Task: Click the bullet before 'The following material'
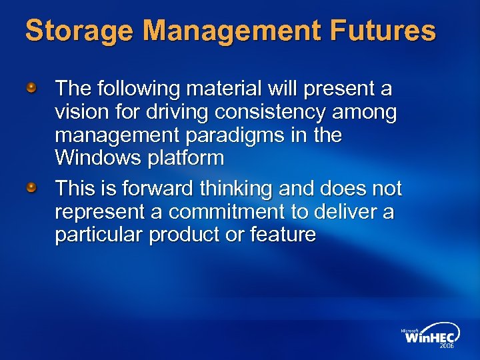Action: (31, 87)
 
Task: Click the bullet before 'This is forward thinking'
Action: (31, 188)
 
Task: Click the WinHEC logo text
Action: (429, 337)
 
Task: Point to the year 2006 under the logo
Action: (446, 347)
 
